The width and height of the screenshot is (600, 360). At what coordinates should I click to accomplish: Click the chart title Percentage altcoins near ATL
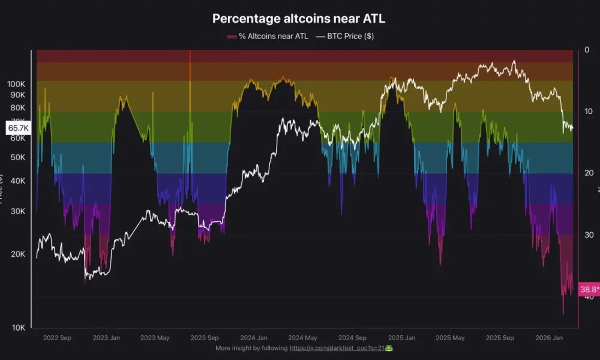[299, 19]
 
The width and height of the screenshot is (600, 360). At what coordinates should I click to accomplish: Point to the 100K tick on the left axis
[17, 84]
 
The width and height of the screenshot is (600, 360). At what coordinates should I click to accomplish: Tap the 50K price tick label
[18, 157]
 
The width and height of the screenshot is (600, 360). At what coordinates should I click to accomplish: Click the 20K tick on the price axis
[18, 254]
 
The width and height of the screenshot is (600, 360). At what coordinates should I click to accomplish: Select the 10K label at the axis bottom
[18, 328]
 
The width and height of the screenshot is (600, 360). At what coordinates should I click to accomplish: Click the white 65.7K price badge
[17, 128]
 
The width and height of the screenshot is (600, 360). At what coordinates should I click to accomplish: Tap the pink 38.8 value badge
[589, 290]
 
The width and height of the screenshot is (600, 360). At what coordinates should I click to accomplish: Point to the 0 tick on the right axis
[587, 50]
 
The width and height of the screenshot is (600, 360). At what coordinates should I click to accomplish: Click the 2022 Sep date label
[57, 338]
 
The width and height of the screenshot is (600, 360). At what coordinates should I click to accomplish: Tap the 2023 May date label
[155, 338]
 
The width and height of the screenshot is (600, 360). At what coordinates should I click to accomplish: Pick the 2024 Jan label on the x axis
[254, 338]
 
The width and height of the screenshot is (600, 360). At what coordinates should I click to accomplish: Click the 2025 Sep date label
[500, 338]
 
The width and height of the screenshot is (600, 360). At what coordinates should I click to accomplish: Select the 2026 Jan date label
[549, 338]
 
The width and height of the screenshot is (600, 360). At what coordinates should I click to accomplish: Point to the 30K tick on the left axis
[18, 211]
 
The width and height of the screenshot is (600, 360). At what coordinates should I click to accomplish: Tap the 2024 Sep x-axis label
[352, 338]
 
